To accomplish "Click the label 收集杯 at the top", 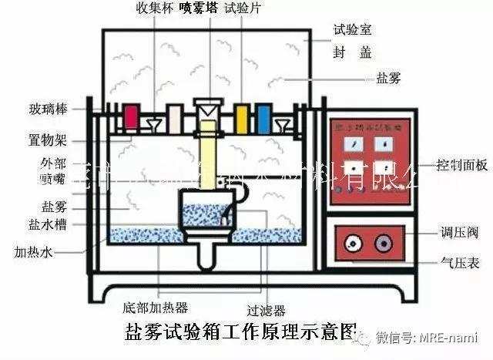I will point(153,8).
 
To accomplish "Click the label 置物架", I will point(49,141).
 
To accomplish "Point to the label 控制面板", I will point(461,164).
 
